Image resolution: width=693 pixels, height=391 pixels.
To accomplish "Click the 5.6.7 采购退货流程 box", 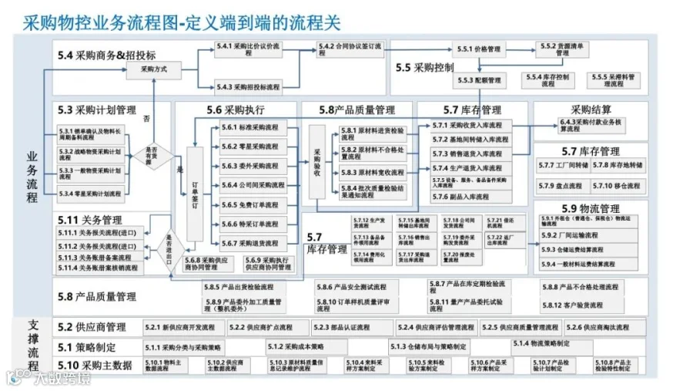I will [249, 244].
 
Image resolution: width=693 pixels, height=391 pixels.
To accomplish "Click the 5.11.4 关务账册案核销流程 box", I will [101, 268].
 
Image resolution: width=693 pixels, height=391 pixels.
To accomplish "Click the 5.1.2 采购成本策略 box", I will [297, 346].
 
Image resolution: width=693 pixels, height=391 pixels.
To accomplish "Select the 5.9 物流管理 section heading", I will [591, 208].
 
